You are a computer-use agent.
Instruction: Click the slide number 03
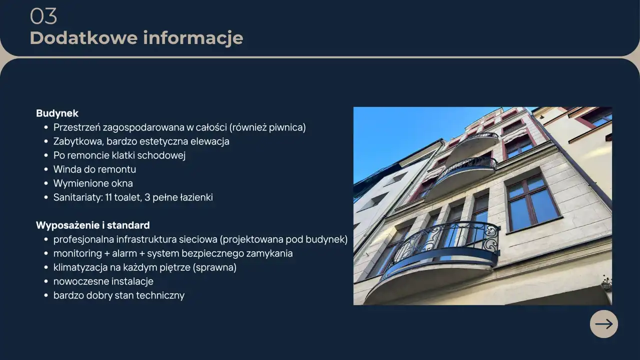click(x=43, y=16)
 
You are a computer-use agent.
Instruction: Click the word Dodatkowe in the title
click(x=83, y=37)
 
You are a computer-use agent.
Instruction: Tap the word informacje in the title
click(x=193, y=38)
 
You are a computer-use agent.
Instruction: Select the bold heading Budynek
click(x=57, y=113)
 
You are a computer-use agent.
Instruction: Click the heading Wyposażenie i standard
click(x=93, y=225)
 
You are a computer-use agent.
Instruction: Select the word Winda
click(x=67, y=169)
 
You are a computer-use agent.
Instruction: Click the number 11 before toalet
click(x=108, y=197)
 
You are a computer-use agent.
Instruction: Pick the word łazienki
click(x=196, y=197)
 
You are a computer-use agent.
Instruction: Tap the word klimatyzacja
click(x=80, y=267)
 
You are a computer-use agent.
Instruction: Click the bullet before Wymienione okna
click(x=46, y=183)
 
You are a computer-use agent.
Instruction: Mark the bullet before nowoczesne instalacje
click(x=46, y=281)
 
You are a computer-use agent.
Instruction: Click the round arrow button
click(x=603, y=324)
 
